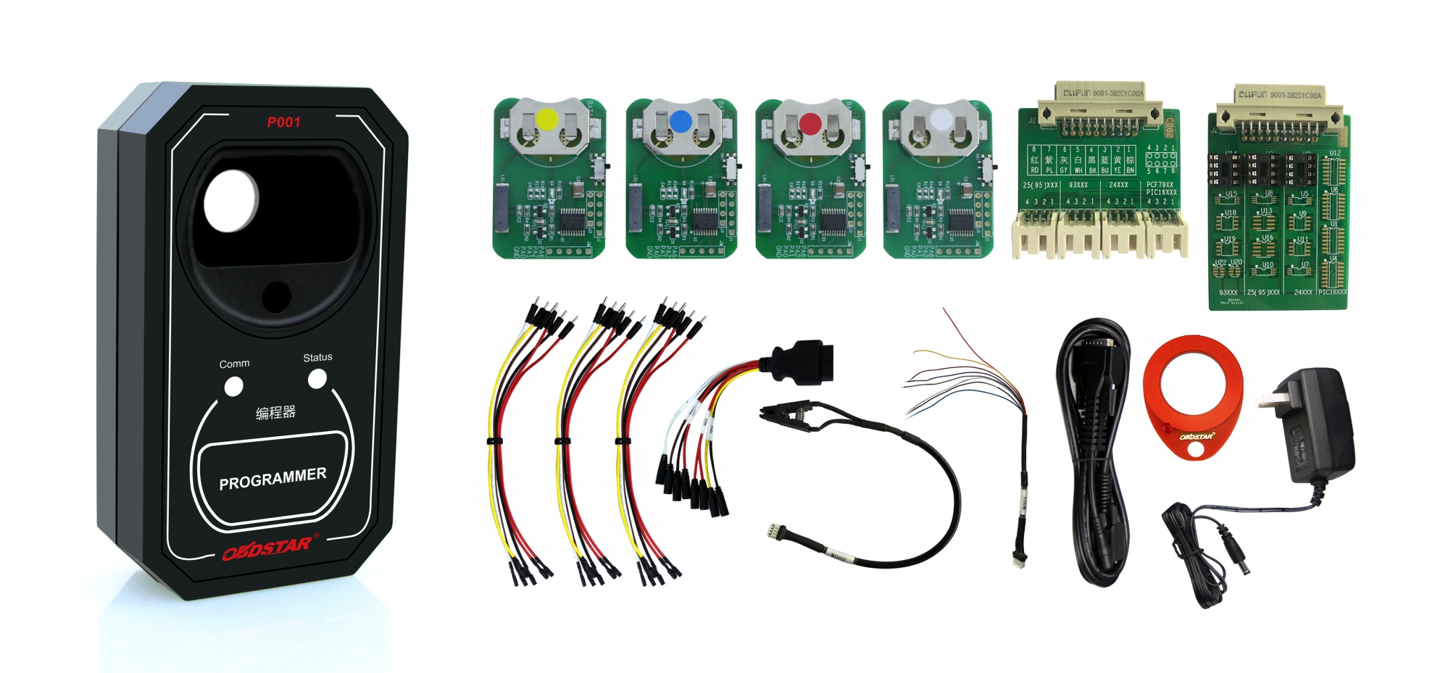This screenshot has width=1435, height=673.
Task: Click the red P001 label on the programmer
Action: pyautogui.click(x=283, y=122)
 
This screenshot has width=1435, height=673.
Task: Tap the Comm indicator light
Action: pyautogui.click(x=233, y=387)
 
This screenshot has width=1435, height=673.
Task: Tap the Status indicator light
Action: pyautogui.click(x=317, y=379)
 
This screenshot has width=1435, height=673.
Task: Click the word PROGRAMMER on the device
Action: pyautogui.click(x=273, y=479)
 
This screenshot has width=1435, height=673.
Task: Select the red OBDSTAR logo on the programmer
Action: pyautogui.click(x=267, y=548)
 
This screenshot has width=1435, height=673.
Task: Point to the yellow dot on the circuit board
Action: pyautogui.click(x=546, y=120)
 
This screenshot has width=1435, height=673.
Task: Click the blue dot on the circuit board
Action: pyautogui.click(x=681, y=121)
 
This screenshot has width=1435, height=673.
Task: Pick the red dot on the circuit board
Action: pyautogui.click(x=810, y=124)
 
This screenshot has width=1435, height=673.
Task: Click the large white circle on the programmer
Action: pyautogui.click(x=231, y=201)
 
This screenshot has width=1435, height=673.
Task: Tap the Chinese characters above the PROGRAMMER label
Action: pyautogui.click(x=275, y=413)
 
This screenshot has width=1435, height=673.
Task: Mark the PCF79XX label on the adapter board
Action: pyautogui.click(x=1160, y=185)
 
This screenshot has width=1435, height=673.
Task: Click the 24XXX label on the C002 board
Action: pyautogui.click(x=1118, y=185)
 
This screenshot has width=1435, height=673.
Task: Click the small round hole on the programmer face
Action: pyautogui.click(x=276, y=296)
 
